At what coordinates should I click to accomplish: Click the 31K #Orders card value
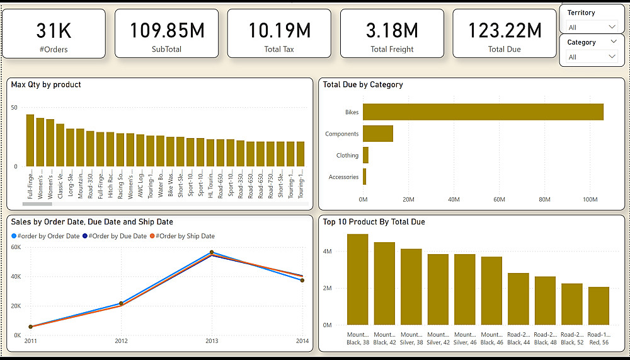tap(54, 30)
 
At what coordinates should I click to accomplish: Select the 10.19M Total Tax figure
tap(279, 30)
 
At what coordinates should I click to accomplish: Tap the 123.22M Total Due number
tap(505, 30)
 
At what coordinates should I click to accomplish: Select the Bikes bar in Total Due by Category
tap(483, 112)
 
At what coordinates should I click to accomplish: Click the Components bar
tap(378, 134)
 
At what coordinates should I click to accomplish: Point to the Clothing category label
tap(347, 155)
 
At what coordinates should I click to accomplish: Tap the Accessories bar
tap(365, 177)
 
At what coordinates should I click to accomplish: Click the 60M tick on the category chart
tap(499, 199)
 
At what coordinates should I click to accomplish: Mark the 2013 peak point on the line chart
tap(212, 252)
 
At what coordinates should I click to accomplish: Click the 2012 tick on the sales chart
tap(121, 341)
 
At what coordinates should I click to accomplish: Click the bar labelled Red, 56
tap(598, 306)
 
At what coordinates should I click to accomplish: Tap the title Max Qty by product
tap(46, 84)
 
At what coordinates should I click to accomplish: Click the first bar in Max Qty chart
tap(30, 140)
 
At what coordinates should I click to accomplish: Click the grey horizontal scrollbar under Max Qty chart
tap(37, 204)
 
